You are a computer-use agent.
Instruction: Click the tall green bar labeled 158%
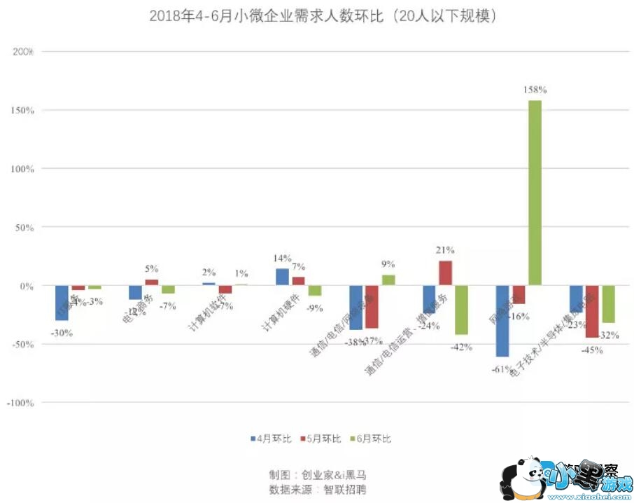click(535, 193)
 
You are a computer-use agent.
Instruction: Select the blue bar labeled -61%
click(502, 321)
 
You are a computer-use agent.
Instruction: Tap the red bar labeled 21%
click(445, 273)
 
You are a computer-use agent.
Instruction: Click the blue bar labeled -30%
click(62, 303)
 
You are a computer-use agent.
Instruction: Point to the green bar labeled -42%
click(462, 310)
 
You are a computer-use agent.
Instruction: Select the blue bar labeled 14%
click(282, 277)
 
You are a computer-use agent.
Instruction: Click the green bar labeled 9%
click(388, 280)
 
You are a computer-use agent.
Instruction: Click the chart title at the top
click(323, 16)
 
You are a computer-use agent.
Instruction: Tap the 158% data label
click(535, 90)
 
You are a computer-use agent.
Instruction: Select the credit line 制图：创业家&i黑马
click(317, 474)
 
